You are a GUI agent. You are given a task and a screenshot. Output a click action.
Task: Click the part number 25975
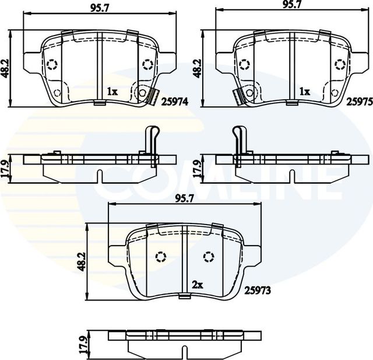pyautogui.click(x=359, y=100)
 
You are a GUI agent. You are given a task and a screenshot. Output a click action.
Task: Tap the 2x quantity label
pyautogui.click(x=197, y=285)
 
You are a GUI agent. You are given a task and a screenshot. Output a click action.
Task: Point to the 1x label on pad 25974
pyautogui.click(x=112, y=92)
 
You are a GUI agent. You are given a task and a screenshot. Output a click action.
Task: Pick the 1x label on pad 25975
pyautogui.click(x=304, y=92)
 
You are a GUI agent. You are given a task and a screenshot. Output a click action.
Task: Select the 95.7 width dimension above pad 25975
pyautogui.click(x=291, y=4)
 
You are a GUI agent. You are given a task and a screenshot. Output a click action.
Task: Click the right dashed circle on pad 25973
pyautogui.click(x=208, y=256)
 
